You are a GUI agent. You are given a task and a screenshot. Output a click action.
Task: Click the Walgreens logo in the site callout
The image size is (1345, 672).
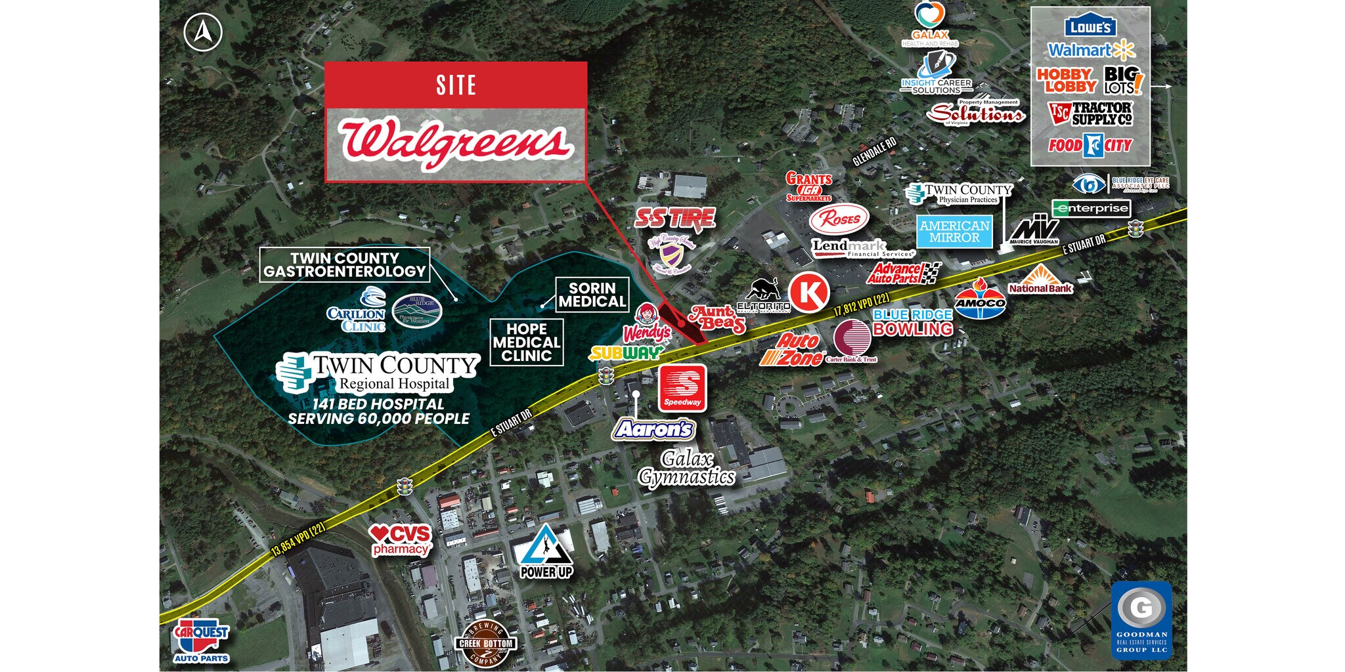[455, 143]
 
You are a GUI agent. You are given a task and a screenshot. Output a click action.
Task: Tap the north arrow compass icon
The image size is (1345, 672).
[203, 32]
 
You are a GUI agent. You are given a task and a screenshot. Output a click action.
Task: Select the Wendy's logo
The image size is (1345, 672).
[647, 324]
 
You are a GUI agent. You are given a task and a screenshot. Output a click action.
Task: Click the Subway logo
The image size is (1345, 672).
[625, 354]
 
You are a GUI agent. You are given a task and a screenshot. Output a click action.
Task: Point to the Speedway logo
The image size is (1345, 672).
[682, 388]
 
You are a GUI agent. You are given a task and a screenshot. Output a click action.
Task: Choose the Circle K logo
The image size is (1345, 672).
[808, 291]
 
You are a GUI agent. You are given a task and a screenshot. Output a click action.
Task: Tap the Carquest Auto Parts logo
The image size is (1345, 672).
[201, 640]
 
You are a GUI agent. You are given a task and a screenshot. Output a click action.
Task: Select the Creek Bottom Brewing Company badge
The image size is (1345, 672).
[486, 643]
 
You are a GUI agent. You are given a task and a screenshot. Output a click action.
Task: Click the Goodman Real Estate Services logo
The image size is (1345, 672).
[1141, 619]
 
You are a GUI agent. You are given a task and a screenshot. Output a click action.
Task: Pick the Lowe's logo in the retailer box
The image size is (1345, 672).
[1090, 27]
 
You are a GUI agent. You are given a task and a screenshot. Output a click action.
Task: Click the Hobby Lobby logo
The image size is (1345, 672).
[1067, 81]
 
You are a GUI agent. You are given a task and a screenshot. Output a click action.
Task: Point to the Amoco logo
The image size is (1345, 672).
[980, 300]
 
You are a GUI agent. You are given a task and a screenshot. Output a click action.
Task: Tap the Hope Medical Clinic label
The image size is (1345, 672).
[527, 342]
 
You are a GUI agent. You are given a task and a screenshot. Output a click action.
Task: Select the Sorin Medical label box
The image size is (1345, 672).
[592, 295]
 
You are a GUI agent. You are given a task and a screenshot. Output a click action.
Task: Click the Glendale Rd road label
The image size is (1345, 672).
[874, 152]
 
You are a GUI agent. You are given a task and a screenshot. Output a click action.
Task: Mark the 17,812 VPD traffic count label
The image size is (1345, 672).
[862, 305]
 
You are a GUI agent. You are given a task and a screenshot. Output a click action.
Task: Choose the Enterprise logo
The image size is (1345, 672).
[1091, 209]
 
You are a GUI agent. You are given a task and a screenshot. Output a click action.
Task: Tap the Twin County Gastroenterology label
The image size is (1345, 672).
[345, 264]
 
